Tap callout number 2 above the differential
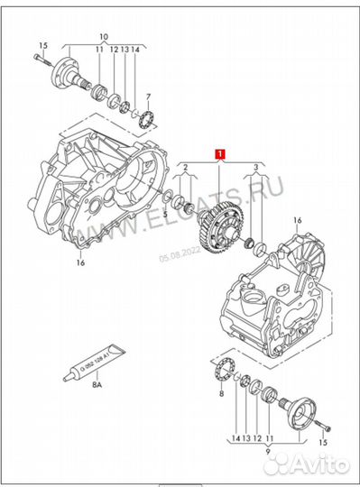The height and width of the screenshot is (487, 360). (x=184, y=168)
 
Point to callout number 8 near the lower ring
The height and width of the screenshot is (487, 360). (x=219, y=394)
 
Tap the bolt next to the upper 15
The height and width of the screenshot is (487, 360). (x=39, y=60)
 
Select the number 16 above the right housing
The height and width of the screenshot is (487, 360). (x=296, y=219)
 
